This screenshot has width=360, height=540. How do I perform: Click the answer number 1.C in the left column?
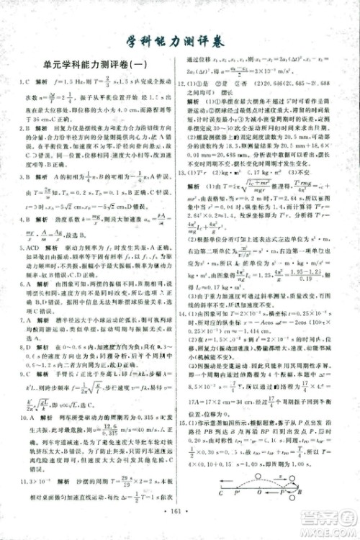click(21, 104)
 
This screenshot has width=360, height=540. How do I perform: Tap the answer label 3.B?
click(22, 194)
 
